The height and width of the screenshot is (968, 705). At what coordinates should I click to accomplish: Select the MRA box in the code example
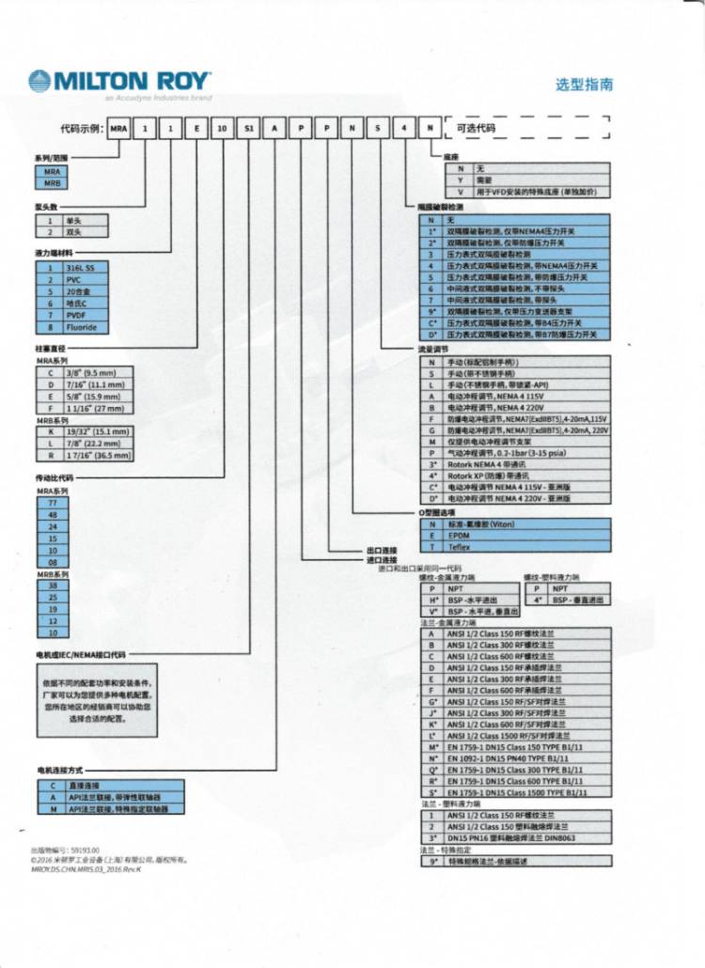coord(117,129)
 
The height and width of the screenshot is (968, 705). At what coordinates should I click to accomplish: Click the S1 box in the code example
coord(248,129)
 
